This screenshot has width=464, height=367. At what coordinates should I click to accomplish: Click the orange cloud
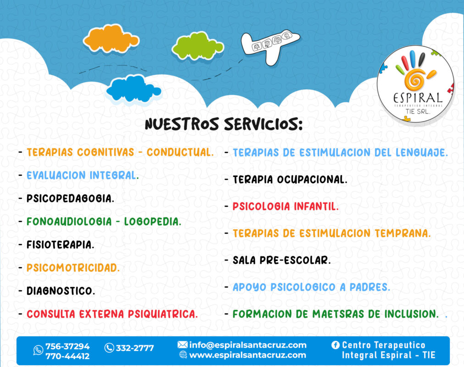111,39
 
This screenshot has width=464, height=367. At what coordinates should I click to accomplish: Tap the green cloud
198,46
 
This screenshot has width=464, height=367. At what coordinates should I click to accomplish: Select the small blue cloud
133,89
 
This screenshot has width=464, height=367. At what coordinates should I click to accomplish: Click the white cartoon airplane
270,46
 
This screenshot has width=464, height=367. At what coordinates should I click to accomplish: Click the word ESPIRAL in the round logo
418,98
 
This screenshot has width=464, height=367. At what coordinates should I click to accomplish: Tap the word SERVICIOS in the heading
263,124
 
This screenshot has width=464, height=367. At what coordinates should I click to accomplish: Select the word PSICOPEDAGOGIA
70,198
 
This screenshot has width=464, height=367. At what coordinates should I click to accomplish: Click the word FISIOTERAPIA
61,245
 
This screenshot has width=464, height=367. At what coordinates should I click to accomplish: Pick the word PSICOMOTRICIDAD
73,268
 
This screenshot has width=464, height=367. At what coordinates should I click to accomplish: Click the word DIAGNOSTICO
61,291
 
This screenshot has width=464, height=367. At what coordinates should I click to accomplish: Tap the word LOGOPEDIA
152,222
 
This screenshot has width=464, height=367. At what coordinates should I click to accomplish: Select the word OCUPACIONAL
312,179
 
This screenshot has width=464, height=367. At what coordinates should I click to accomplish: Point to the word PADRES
370,287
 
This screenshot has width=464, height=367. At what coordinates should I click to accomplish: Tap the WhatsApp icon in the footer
38,350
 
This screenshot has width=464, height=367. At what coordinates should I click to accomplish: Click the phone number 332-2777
135,348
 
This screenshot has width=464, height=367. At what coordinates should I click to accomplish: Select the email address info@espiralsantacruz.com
248,345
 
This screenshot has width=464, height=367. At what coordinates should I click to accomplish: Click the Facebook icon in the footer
335,345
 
